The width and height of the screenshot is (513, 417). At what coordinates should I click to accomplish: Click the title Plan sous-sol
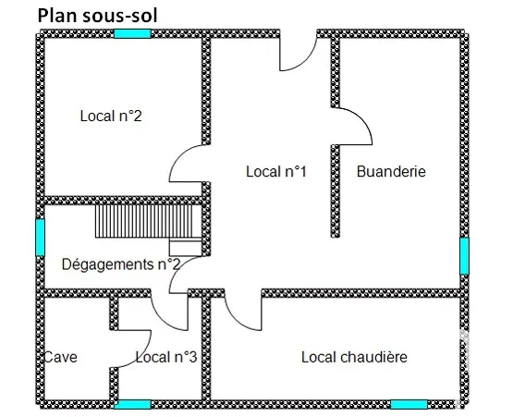pos(97,16)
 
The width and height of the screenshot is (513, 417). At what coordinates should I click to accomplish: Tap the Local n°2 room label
pos(111,116)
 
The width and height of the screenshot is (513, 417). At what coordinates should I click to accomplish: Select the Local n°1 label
pos(276,171)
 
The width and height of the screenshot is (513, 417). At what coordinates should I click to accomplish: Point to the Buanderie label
pos(391,171)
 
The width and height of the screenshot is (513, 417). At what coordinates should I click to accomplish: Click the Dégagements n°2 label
pos(121,264)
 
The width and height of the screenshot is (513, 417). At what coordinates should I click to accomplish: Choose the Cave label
pos(60,357)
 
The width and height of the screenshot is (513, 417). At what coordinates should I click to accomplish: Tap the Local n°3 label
pos(166,357)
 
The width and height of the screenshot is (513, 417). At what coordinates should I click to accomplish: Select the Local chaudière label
pos(354,357)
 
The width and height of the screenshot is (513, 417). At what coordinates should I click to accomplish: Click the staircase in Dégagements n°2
pos(148,221)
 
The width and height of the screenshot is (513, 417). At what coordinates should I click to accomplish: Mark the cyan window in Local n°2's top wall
pos(132,33)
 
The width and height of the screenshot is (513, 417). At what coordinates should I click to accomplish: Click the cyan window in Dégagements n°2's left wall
pos(40,238)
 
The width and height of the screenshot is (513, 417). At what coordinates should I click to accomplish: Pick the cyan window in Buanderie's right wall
pos(464,256)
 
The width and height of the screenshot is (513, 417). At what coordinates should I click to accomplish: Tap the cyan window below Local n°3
pos(132,405)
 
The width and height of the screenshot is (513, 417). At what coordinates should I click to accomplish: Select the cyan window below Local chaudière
pos(409,405)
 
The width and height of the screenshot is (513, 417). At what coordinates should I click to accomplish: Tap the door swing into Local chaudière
pos(236,320)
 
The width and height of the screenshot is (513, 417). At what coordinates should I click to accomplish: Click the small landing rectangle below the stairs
pos(185,248)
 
